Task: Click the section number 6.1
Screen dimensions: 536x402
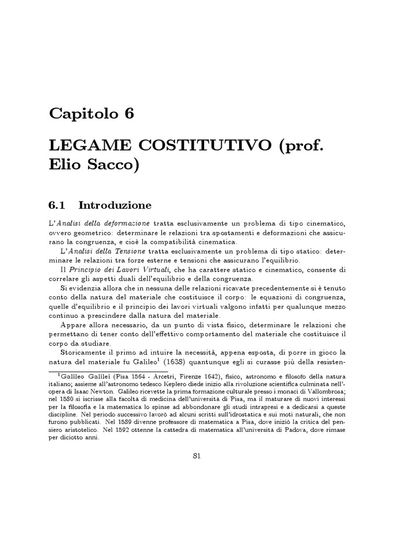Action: click(x=58, y=204)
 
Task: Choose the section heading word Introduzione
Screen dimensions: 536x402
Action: click(x=115, y=204)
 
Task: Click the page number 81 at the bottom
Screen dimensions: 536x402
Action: click(x=197, y=456)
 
